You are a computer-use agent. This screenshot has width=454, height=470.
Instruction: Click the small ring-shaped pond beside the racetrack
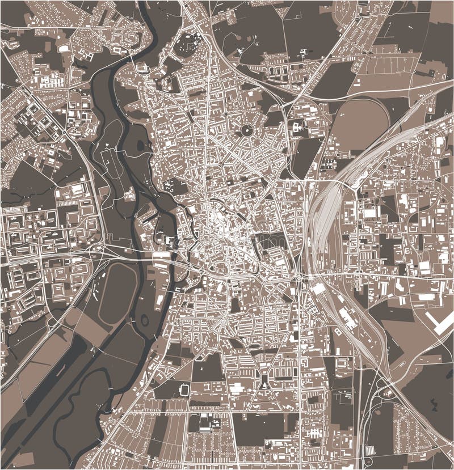(x=144, y=320)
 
